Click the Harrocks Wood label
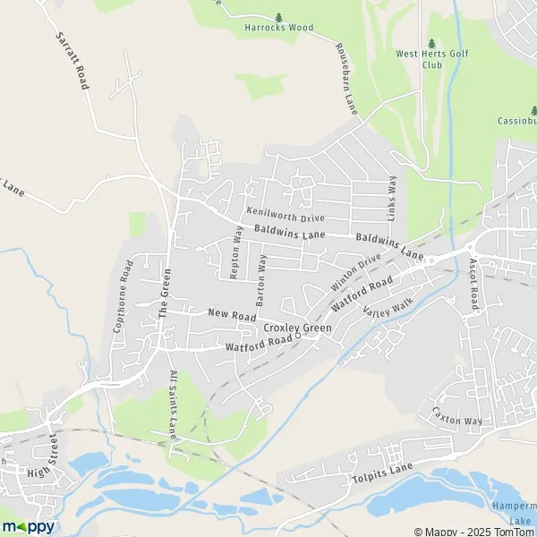(279, 28)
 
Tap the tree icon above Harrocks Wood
(279, 16)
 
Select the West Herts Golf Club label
(431, 59)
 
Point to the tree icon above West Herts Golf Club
(432, 42)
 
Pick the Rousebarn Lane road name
(346, 78)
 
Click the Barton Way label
(261, 280)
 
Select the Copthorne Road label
(123, 296)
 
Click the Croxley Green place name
(297, 328)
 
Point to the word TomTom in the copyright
(515, 530)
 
